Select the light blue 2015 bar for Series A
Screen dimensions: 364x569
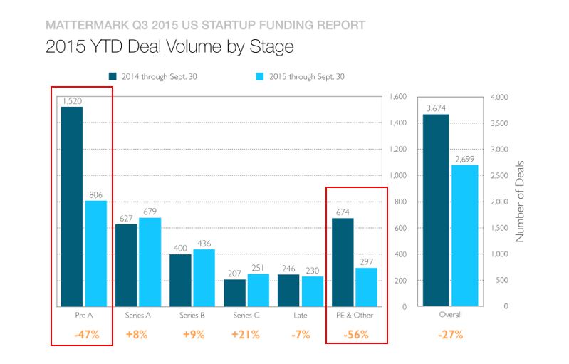(150, 261)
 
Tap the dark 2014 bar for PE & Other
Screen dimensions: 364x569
(343, 261)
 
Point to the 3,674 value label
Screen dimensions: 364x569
(436, 108)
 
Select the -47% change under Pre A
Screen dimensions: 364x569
(85, 335)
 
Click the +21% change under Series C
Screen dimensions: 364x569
(246, 335)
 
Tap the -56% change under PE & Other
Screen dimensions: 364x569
(355, 335)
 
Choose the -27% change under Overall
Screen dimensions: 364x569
(450, 335)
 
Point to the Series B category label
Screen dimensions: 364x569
(192, 314)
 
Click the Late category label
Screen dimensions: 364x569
(301, 314)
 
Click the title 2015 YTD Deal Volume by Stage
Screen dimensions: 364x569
(169, 47)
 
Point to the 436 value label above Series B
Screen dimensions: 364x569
(204, 243)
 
